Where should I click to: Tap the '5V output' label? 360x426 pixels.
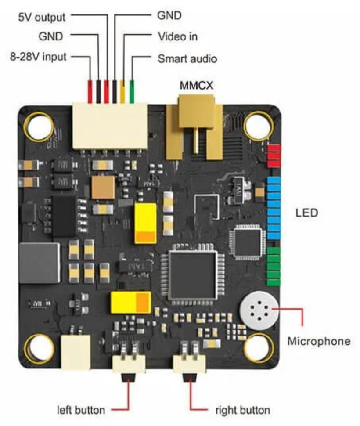pos(41,17)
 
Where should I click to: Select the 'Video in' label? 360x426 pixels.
pos(177,36)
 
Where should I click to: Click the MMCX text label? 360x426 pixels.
pos(196,86)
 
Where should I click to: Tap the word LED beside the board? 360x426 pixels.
pos(307,213)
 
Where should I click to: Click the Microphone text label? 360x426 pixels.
pos(319,341)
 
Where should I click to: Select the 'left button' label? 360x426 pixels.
pos(81,410)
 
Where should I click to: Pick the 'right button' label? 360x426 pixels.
pos(242,410)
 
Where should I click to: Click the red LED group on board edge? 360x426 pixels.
pos(274,156)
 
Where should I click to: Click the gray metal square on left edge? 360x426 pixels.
pos(40,262)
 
